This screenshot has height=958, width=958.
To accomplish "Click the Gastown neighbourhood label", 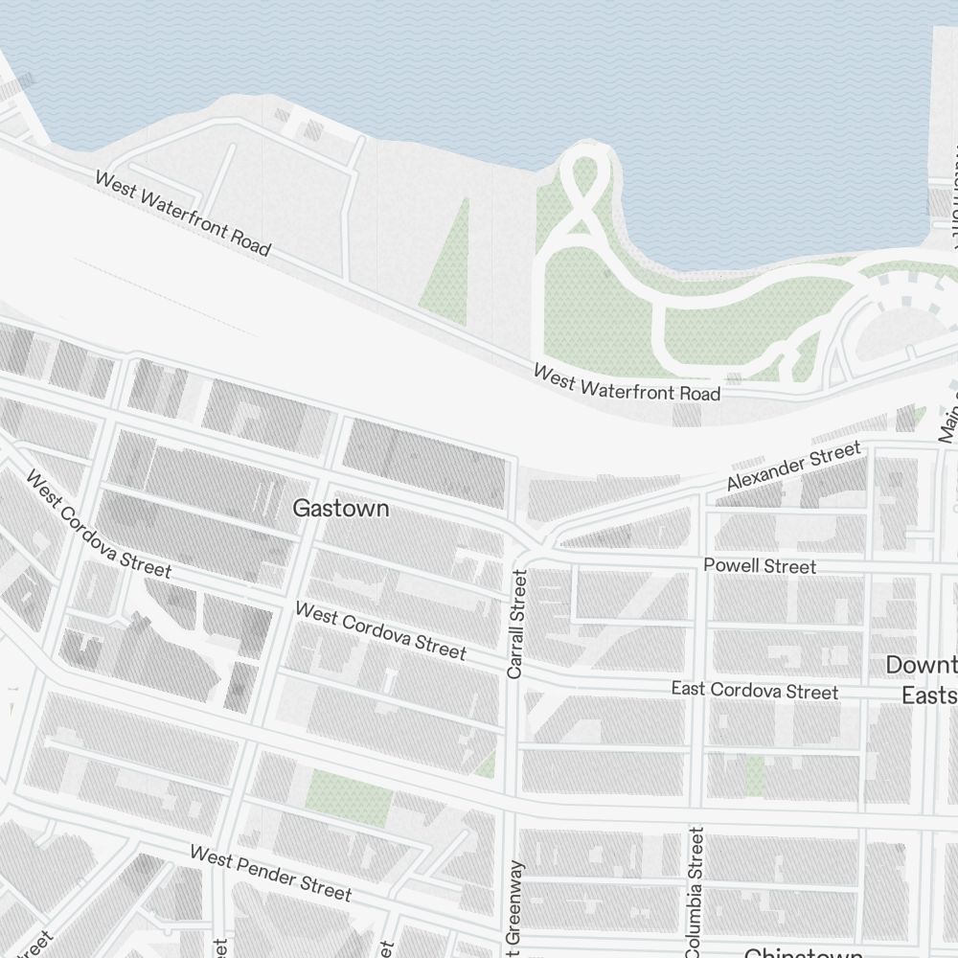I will click(341, 508).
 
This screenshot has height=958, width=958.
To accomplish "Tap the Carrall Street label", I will click(517, 625).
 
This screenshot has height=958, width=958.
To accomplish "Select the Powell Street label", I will click(760, 566).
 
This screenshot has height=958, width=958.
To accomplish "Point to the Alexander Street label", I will click(793, 467).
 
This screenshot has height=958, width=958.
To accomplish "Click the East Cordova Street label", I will click(754, 691).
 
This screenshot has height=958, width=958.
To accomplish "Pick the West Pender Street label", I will click(270, 872).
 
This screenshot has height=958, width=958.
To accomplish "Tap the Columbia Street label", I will click(695, 891).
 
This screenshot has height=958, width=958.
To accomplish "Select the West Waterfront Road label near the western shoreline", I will click(182, 213).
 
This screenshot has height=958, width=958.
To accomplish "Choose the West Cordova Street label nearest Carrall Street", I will click(380, 630).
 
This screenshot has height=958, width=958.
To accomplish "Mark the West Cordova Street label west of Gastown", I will click(99, 524).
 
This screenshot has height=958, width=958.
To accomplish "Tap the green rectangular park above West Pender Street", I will click(349, 798).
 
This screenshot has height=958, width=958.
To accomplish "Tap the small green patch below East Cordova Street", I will click(757, 775).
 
